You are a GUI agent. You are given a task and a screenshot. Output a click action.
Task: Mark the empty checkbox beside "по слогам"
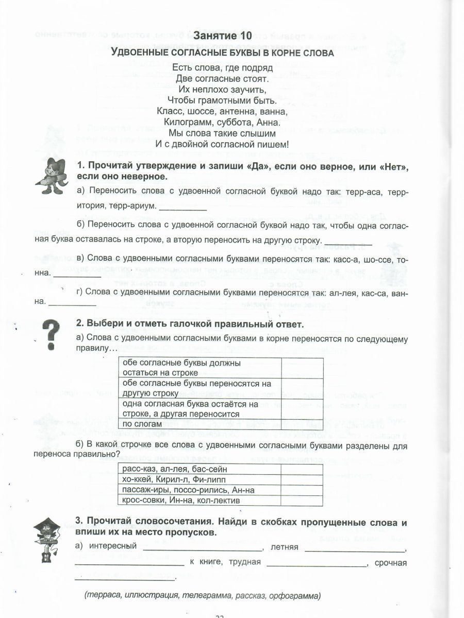coord(302,424)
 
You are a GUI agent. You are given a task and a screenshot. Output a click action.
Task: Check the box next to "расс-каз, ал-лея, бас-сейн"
coord(302,469)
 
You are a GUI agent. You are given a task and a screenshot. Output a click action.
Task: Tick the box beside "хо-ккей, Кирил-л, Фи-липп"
coord(302,479)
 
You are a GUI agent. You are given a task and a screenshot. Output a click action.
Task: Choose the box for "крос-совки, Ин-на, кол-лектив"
coord(302,500)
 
